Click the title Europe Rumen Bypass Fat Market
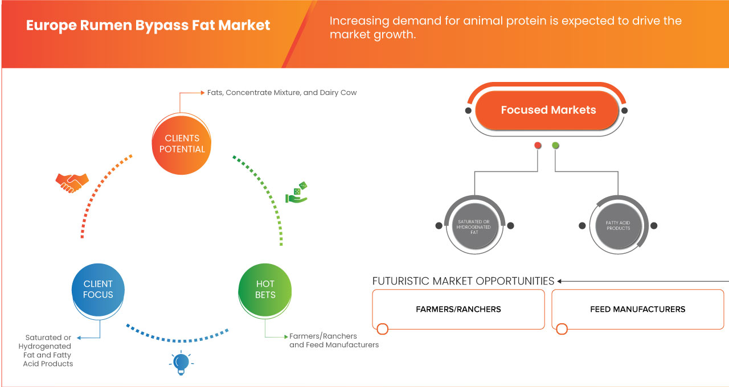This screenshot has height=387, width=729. point(148,26)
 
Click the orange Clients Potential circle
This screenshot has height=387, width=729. point(182,143)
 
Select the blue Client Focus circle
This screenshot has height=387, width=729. point(98,289)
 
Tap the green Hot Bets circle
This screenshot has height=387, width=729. point(265,289)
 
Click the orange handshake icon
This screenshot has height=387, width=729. point(72,183)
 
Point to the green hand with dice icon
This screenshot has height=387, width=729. point(297,193)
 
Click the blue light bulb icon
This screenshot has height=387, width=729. point(181,363)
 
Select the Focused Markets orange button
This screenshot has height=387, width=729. point(548,110)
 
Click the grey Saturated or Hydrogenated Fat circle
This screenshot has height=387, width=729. point(474,225)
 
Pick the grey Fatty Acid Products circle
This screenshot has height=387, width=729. point(618,225)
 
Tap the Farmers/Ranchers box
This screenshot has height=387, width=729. point(458,310)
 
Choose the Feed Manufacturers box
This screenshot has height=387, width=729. point(637,310)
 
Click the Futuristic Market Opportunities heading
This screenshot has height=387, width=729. point(463,281)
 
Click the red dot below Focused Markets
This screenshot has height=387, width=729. point(538,146)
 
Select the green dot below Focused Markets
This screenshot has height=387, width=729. point(555,146)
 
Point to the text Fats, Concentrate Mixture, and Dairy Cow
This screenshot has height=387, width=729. point(282,92)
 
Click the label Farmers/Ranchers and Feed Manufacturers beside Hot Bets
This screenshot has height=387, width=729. point(334,340)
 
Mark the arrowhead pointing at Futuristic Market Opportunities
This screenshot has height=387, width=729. point(560,281)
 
